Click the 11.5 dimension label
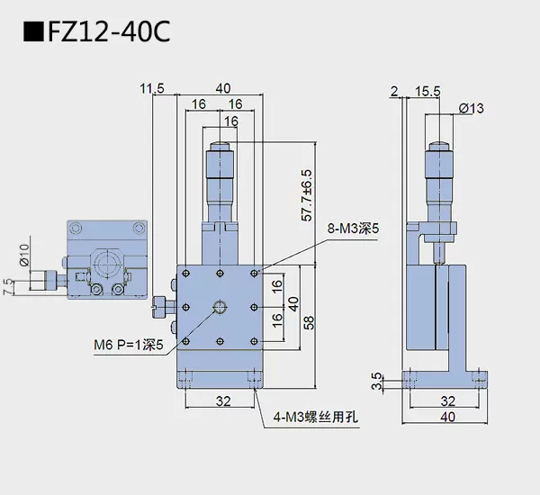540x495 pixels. coord(152,87)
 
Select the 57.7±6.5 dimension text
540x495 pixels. coord(307,194)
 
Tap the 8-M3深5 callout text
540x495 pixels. coord(354,229)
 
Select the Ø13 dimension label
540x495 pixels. coord(471,108)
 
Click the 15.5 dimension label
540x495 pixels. coord(427,90)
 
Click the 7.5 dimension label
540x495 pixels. coord(8,286)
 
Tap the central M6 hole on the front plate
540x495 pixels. coord(221,309)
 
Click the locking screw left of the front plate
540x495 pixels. coord(159,306)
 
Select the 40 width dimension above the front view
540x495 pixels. coord(222,87)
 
